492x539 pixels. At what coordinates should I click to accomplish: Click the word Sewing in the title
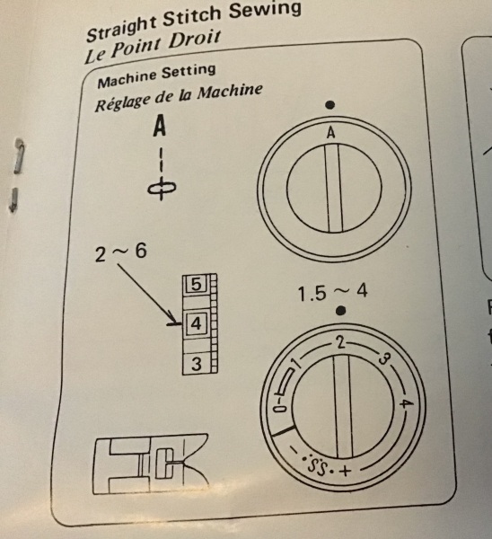pyautogui.click(x=265, y=10)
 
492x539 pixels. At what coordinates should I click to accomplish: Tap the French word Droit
pyautogui.click(x=194, y=40)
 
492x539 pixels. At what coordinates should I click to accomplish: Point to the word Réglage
pyautogui.click(x=123, y=102)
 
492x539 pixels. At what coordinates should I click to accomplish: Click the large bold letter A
pyautogui.click(x=160, y=126)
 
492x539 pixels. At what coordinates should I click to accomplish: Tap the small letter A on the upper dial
pyautogui.click(x=330, y=133)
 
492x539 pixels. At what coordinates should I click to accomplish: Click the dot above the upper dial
pyautogui.click(x=329, y=105)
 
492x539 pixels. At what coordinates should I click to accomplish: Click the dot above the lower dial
pyautogui.click(x=340, y=311)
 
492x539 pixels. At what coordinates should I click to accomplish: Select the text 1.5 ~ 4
pyautogui.click(x=332, y=293)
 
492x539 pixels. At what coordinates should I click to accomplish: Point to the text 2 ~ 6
pyautogui.click(x=121, y=252)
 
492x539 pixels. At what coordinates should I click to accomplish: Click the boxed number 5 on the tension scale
pyautogui.click(x=197, y=285)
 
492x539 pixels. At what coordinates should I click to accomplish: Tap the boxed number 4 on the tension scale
pyautogui.click(x=197, y=323)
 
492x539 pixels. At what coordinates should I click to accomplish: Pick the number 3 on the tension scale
pyautogui.click(x=197, y=364)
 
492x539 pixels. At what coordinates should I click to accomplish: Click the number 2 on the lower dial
pyautogui.click(x=340, y=343)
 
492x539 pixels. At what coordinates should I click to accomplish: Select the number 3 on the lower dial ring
pyautogui.click(x=384, y=358)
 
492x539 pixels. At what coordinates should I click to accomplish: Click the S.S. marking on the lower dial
pyautogui.click(x=319, y=465)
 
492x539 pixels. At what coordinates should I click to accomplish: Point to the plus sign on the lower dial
pyautogui.click(x=346, y=470)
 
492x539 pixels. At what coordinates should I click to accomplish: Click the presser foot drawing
pyautogui.click(x=151, y=464)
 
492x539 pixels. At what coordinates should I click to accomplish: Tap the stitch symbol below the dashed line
pyautogui.click(x=162, y=189)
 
